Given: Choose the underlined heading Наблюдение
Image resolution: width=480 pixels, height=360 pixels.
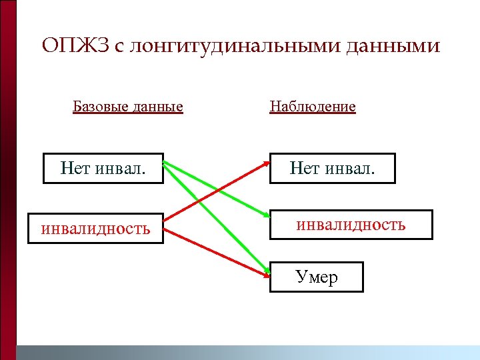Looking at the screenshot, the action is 312,106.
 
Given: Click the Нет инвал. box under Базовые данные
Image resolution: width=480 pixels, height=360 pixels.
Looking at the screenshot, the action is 103,168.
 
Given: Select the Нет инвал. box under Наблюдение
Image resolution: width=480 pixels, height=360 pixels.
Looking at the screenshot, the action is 332,168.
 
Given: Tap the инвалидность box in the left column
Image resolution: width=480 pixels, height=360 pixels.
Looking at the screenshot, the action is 95,228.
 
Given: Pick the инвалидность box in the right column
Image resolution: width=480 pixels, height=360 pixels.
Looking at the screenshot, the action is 351,224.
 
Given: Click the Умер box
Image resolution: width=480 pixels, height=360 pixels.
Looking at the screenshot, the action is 317,277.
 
